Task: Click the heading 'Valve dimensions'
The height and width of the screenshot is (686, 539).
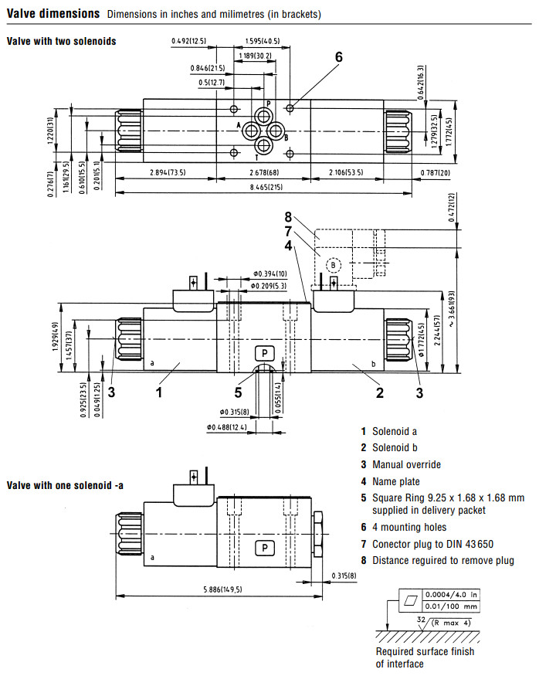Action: pyautogui.click(x=53, y=14)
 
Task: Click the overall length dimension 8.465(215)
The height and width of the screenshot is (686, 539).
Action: pyautogui.click(x=266, y=187)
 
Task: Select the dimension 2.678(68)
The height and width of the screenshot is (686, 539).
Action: pyautogui.click(x=265, y=171)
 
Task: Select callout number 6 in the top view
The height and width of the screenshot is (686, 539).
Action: pyautogui.click(x=338, y=56)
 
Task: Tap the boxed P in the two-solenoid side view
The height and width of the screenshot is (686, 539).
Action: pyautogui.click(x=265, y=353)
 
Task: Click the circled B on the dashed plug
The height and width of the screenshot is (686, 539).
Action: pyautogui.click(x=334, y=264)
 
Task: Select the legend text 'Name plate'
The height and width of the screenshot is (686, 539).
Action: pyautogui.click(x=395, y=481)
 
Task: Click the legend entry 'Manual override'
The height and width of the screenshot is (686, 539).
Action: pyautogui.click(x=406, y=464)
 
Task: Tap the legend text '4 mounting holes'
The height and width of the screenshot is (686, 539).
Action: pyautogui.click(x=408, y=527)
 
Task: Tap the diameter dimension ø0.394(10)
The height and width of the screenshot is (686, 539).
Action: pyautogui.click(x=269, y=274)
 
